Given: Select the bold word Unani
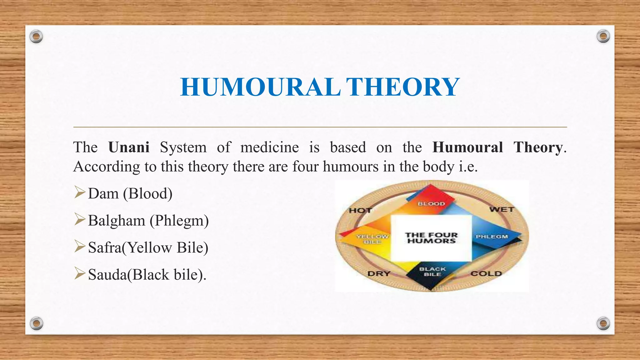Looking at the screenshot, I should tap(129, 147).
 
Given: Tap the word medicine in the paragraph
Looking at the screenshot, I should tap(269, 147).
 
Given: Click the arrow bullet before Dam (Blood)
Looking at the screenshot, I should tap(80, 192).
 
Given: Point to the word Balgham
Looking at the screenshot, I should tap(117, 221).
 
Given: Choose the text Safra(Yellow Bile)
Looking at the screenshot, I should tap(148, 247).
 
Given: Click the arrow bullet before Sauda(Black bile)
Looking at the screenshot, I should tap(80, 274).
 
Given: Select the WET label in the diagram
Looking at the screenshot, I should tap(502, 210).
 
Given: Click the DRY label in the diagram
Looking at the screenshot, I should tap(379, 274).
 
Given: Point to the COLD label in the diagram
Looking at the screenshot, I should tap(486, 274).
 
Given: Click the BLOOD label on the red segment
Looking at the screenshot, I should tap(431, 204).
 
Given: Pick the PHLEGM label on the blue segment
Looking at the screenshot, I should tap(492, 237).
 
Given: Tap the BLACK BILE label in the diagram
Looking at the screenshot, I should tap(432, 272).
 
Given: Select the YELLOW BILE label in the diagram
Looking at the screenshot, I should tap(372, 239).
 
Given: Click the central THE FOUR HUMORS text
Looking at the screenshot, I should tap(431, 238).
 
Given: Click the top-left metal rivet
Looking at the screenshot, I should tap(36, 37).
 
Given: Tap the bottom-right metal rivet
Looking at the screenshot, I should tap(603, 323).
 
